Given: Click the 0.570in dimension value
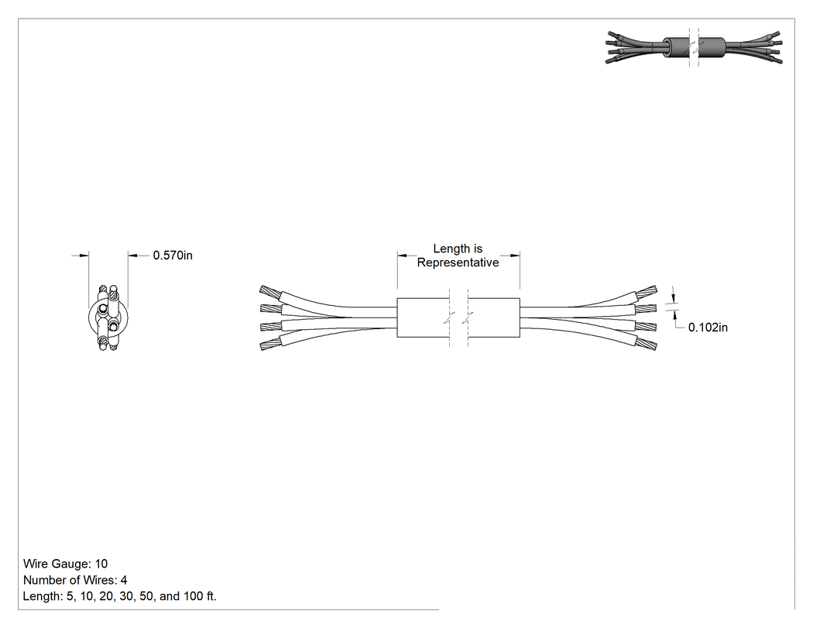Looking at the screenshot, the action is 173,255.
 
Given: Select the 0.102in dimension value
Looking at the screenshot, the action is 708,328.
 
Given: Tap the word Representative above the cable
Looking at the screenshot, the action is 458,263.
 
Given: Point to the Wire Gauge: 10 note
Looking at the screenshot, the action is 65,564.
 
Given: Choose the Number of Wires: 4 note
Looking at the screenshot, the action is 75,580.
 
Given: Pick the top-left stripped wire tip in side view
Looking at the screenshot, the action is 269,293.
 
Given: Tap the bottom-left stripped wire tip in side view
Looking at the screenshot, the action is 269,343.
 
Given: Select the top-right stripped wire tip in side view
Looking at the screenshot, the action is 647,293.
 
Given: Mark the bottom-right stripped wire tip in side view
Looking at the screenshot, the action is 647,343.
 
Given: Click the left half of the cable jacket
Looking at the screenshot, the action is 423,317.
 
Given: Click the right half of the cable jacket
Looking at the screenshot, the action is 494,317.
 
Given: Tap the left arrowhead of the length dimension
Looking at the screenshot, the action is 402,255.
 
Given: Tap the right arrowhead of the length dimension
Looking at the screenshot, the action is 516,255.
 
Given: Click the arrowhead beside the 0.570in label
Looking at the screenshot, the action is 132,255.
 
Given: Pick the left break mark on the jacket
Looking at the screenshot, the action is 450,317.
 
